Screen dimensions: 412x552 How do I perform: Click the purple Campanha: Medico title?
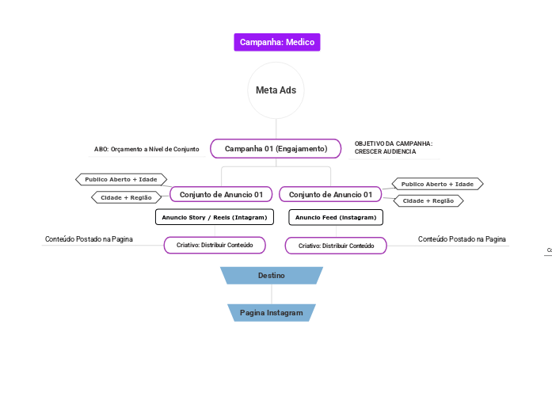(276, 42)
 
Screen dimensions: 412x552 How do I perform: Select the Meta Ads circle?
(276, 90)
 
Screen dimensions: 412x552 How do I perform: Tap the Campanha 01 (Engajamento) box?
(276, 149)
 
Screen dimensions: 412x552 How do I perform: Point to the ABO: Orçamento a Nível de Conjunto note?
(147, 149)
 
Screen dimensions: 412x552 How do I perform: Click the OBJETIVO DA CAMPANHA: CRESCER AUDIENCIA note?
(394, 147)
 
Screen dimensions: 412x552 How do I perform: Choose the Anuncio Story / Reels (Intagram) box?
(214, 217)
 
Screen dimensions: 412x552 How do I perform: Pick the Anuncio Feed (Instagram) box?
(336, 217)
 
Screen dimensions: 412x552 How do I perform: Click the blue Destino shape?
(271, 275)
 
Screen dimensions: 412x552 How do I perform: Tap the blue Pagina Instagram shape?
(271, 313)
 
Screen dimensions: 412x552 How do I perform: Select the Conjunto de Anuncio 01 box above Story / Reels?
(221, 194)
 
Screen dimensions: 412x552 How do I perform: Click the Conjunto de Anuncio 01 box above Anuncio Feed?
(330, 194)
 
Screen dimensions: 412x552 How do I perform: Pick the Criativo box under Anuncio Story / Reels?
(214, 246)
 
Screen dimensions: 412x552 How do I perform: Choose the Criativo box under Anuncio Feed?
(336, 246)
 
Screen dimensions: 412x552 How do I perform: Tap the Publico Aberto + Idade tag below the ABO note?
(121, 180)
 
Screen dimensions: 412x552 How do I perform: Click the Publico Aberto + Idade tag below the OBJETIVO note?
(437, 184)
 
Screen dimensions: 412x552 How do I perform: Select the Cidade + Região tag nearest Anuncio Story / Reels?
(127, 197)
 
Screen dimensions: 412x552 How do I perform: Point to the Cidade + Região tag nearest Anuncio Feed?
(428, 201)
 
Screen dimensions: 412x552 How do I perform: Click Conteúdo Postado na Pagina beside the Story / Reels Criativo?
(89, 239)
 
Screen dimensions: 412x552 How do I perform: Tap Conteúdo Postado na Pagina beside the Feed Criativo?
(462, 239)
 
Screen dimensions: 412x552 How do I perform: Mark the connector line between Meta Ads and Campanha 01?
(276, 129)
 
